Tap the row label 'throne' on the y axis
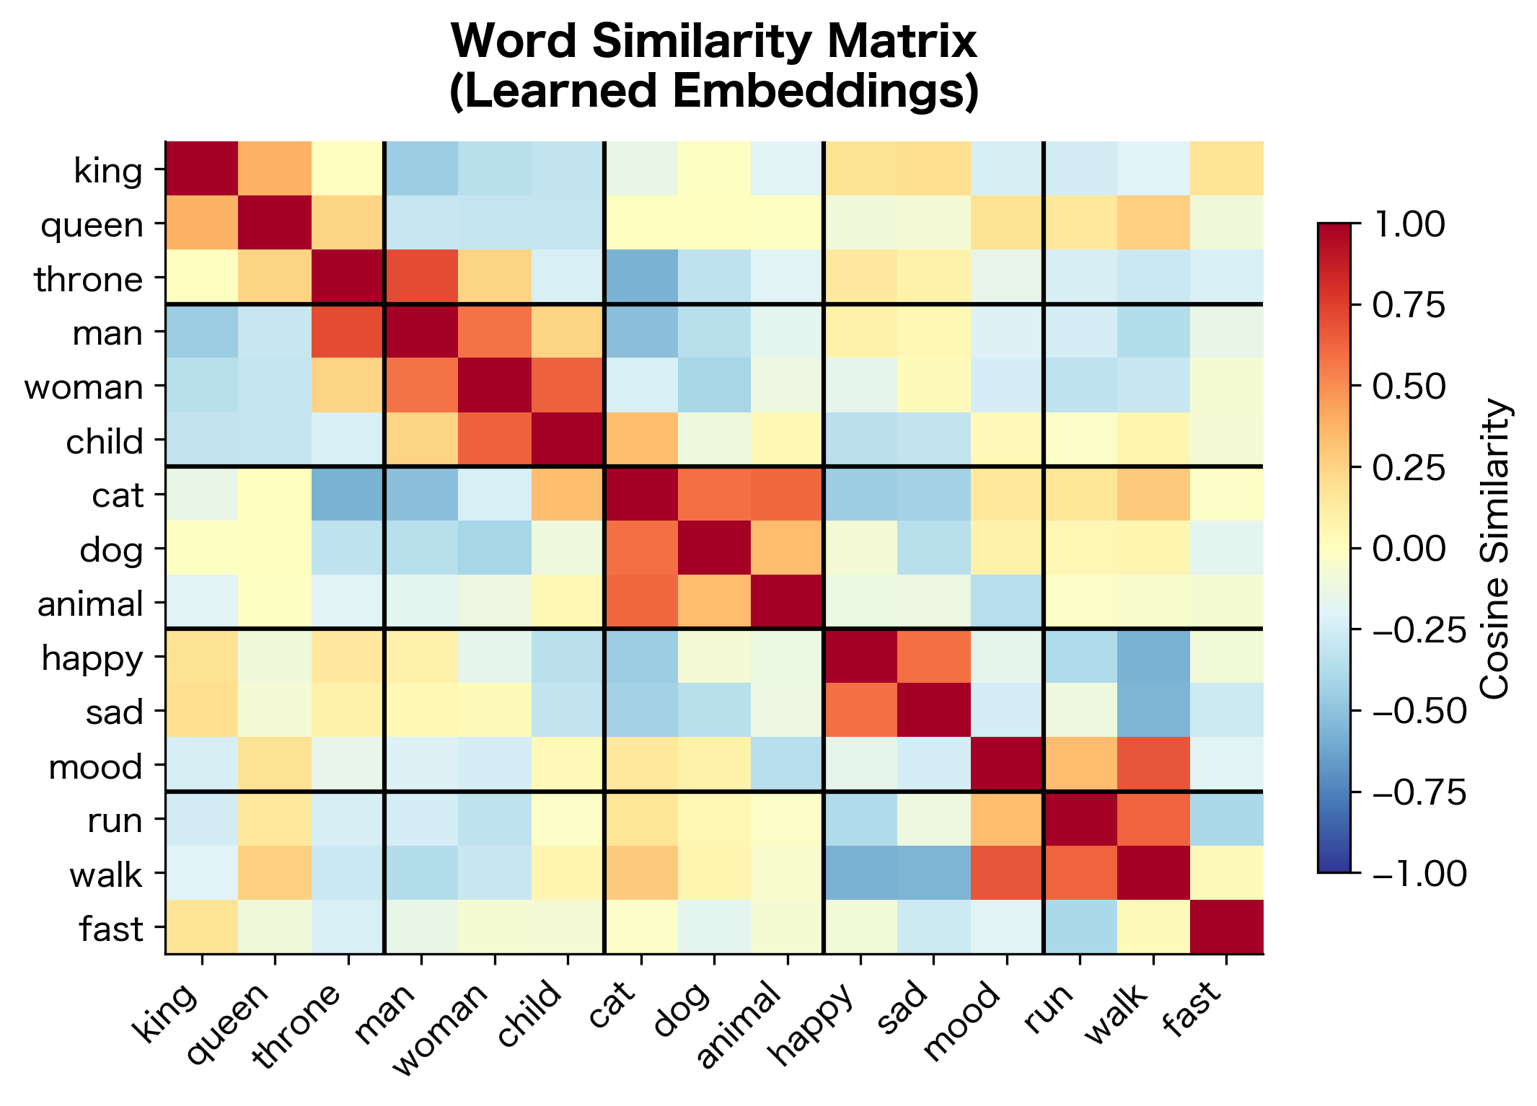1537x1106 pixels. click(x=89, y=279)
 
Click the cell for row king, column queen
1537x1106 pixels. click(x=275, y=169)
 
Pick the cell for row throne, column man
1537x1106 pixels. click(x=421, y=277)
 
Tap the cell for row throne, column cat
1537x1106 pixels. click(x=641, y=277)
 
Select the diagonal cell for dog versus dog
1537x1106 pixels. click(x=714, y=548)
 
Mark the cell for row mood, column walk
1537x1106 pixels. click(x=1153, y=764)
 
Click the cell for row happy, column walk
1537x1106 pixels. click(x=1153, y=656)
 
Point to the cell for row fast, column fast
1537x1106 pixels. click(x=1226, y=926)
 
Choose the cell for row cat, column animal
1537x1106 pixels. click(x=787, y=494)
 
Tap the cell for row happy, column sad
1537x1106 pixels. click(x=933, y=656)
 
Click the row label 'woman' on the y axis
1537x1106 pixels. click(x=84, y=387)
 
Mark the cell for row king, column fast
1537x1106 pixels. click(x=1226, y=169)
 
